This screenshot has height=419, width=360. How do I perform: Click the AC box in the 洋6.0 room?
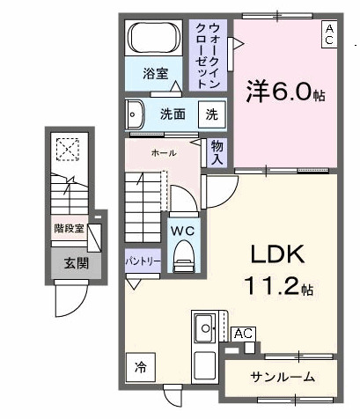coord(328,33)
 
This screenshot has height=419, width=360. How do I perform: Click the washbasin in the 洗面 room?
coord(136,114)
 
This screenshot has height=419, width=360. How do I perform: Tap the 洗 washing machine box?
coord(212,114)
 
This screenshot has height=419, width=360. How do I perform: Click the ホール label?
coord(163,153)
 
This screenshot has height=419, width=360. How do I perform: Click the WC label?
coord(183,230)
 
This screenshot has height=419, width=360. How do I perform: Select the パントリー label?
coord(142,262)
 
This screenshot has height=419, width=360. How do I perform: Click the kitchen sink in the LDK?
coord(203,328)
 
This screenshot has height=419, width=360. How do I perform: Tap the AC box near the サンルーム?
coord(244,334)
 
